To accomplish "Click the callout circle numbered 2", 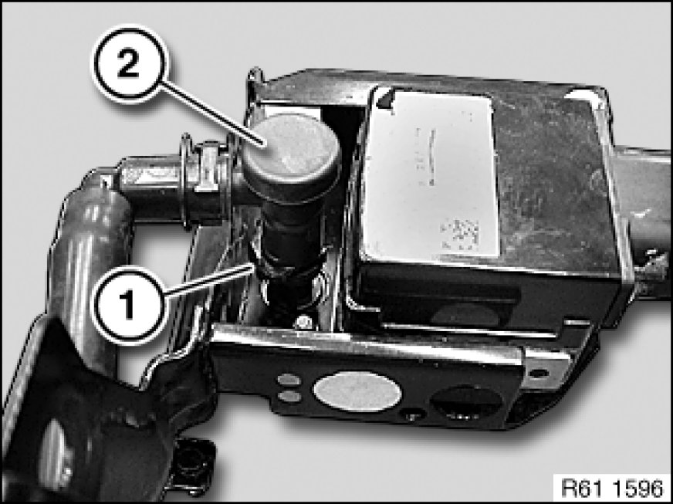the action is (128, 63).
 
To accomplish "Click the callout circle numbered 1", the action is (128, 304).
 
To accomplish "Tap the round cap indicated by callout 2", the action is (292, 149).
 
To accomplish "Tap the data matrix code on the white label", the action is (460, 235).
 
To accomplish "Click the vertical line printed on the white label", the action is (431, 157).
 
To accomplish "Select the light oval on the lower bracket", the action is (357, 391).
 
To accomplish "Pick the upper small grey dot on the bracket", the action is (289, 380).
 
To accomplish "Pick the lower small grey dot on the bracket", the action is (289, 396).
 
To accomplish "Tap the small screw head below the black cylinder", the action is (303, 322).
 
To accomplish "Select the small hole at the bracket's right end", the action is (538, 373).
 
